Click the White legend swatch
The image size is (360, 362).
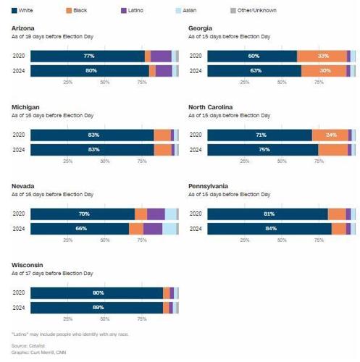point(15,10)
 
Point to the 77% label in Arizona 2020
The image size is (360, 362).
point(89,56)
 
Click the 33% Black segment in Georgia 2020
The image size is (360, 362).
point(323,56)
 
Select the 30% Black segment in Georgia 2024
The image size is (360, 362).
point(325,70)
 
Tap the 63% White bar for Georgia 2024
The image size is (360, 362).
point(254,70)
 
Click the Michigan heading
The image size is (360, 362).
point(26,107)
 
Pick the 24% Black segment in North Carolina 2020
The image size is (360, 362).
point(331,135)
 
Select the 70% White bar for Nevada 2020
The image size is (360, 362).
point(83,214)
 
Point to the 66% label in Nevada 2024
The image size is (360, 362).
point(81,228)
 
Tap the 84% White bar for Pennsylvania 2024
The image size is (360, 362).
point(269,228)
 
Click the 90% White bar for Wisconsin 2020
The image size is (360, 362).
point(97,292)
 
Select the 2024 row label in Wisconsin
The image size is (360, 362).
point(19,308)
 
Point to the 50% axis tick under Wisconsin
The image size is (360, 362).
point(105,319)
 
